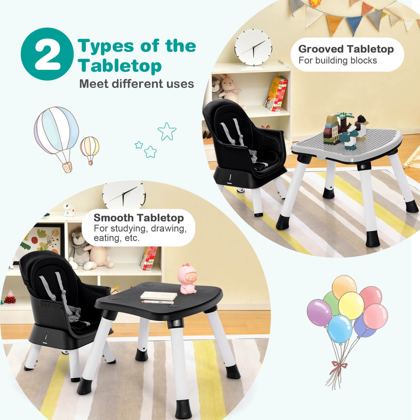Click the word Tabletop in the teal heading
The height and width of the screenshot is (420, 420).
tap(120, 66)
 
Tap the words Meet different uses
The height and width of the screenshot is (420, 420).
tap(136, 84)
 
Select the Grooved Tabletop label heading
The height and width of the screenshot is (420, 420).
tap(346, 49)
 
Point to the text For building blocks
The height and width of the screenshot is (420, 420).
tap(337, 60)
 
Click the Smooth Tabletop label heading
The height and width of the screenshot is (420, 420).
tap(139, 218)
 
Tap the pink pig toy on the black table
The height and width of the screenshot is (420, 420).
tap(187, 279)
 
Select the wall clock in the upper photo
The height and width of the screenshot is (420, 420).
tap(253, 47)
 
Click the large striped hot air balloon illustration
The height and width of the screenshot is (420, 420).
tap(57, 132)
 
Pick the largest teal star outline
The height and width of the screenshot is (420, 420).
tap(167, 131)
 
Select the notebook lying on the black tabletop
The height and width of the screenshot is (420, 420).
tap(159, 295)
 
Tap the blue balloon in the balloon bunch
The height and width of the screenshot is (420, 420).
tap(340, 328)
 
